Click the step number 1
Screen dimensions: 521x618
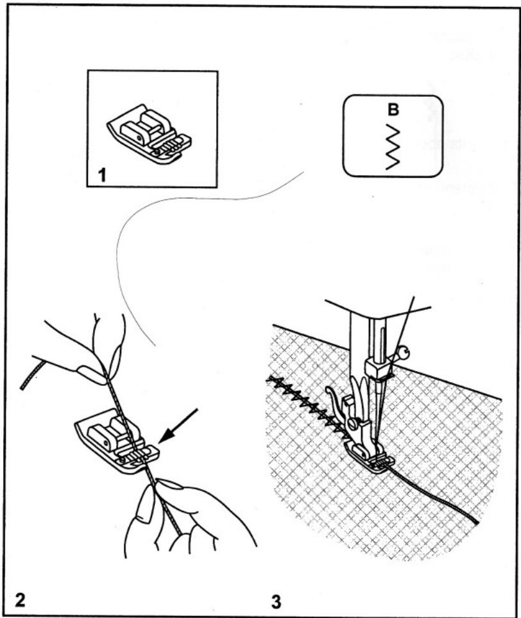point(102,175)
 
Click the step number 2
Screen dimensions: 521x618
point(19,600)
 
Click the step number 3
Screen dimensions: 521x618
point(277,602)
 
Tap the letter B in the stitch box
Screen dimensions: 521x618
point(393,110)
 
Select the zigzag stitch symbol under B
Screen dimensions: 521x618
point(393,147)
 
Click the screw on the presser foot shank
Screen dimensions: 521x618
point(352,424)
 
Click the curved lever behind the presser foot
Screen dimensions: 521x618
point(334,403)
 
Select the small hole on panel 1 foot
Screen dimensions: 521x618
point(140,138)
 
